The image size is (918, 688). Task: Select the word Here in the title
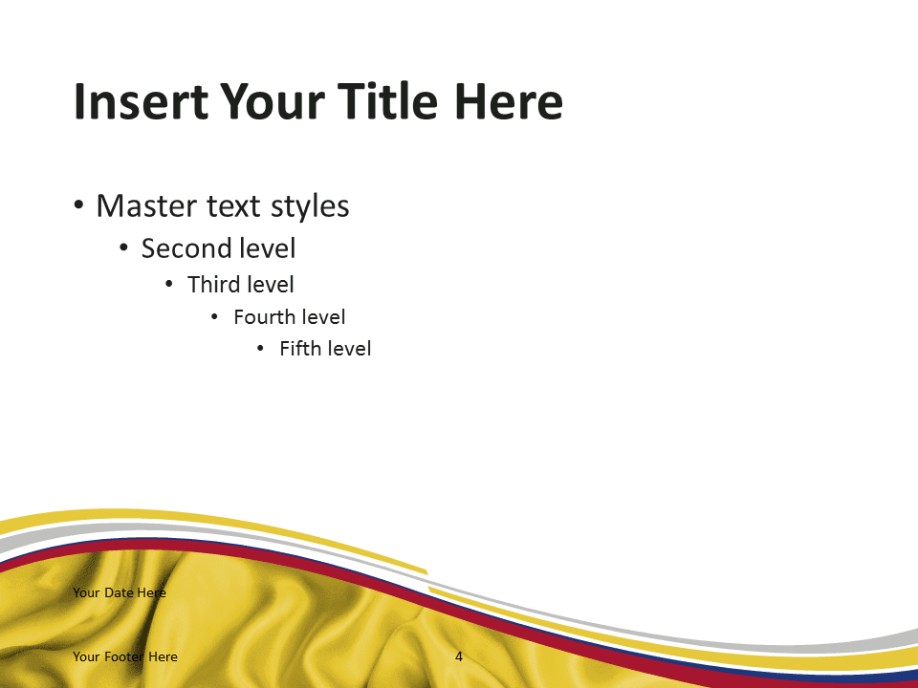pyautogui.click(x=508, y=101)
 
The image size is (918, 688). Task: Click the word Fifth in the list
pyautogui.click(x=300, y=349)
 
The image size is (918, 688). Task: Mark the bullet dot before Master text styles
pyautogui.click(x=79, y=206)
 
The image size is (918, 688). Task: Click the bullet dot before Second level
pyautogui.click(x=123, y=248)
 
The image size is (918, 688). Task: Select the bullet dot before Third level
pyautogui.click(x=169, y=285)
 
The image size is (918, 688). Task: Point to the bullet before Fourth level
pyautogui.click(x=214, y=317)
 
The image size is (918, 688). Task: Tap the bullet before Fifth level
pyautogui.click(x=260, y=349)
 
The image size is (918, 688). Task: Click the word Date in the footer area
pyautogui.click(x=119, y=592)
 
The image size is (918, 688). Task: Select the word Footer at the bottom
pyautogui.click(x=124, y=656)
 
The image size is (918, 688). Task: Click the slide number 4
pyautogui.click(x=459, y=657)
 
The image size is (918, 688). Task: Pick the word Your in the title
pyautogui.click(x=273, y=101)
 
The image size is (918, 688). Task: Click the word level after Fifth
pyautogui.click(x=349, y=349)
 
